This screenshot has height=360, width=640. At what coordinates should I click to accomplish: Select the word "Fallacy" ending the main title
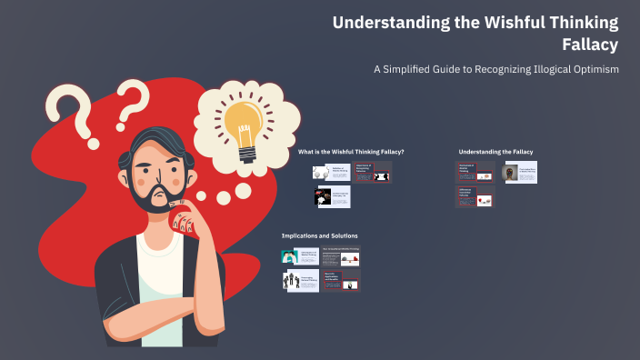(590, 45)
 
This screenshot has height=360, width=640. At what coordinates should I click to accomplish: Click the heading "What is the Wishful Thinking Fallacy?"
(351, 151)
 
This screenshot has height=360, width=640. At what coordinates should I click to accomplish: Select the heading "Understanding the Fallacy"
(495, 151)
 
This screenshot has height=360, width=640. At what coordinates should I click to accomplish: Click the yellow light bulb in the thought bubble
(244, 123)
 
